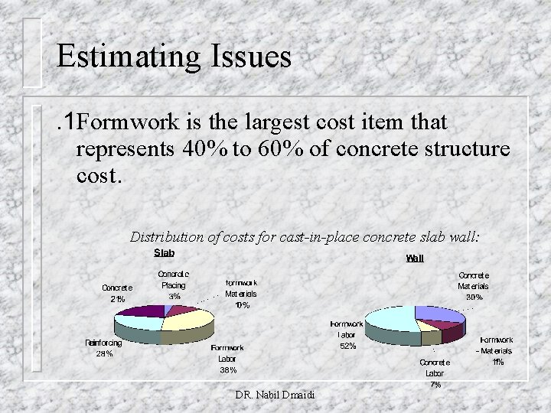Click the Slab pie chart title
(x=165, y=253)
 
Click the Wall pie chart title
(x=414, y=259)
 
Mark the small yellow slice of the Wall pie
(x=430, y=335)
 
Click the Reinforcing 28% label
(x=103, y=348)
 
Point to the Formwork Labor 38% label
(x=228, y=357)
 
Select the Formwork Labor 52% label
(x=347, y=335)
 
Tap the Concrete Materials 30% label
(x=474, y=286)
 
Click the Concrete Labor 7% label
(x=435, y=373)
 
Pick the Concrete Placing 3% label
(x=174, y=285)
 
